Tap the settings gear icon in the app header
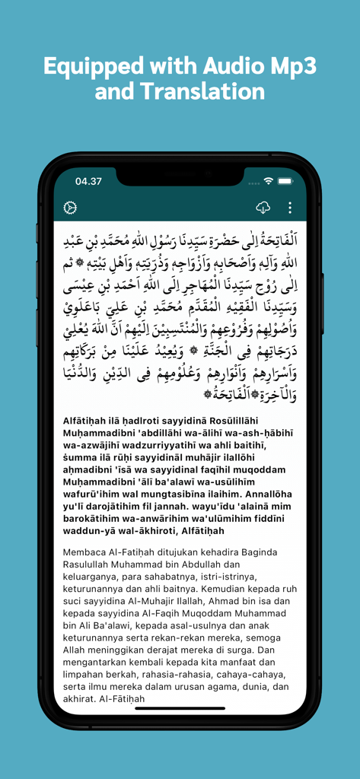click(70, 208)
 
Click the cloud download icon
click(263, 208)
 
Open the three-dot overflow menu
click(290, 208)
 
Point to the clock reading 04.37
click(88, 182)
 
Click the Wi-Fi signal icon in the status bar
click(268, 181)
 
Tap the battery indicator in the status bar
click(285, 181)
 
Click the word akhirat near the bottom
click(84, 699)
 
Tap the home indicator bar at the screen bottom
click(180, 707)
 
